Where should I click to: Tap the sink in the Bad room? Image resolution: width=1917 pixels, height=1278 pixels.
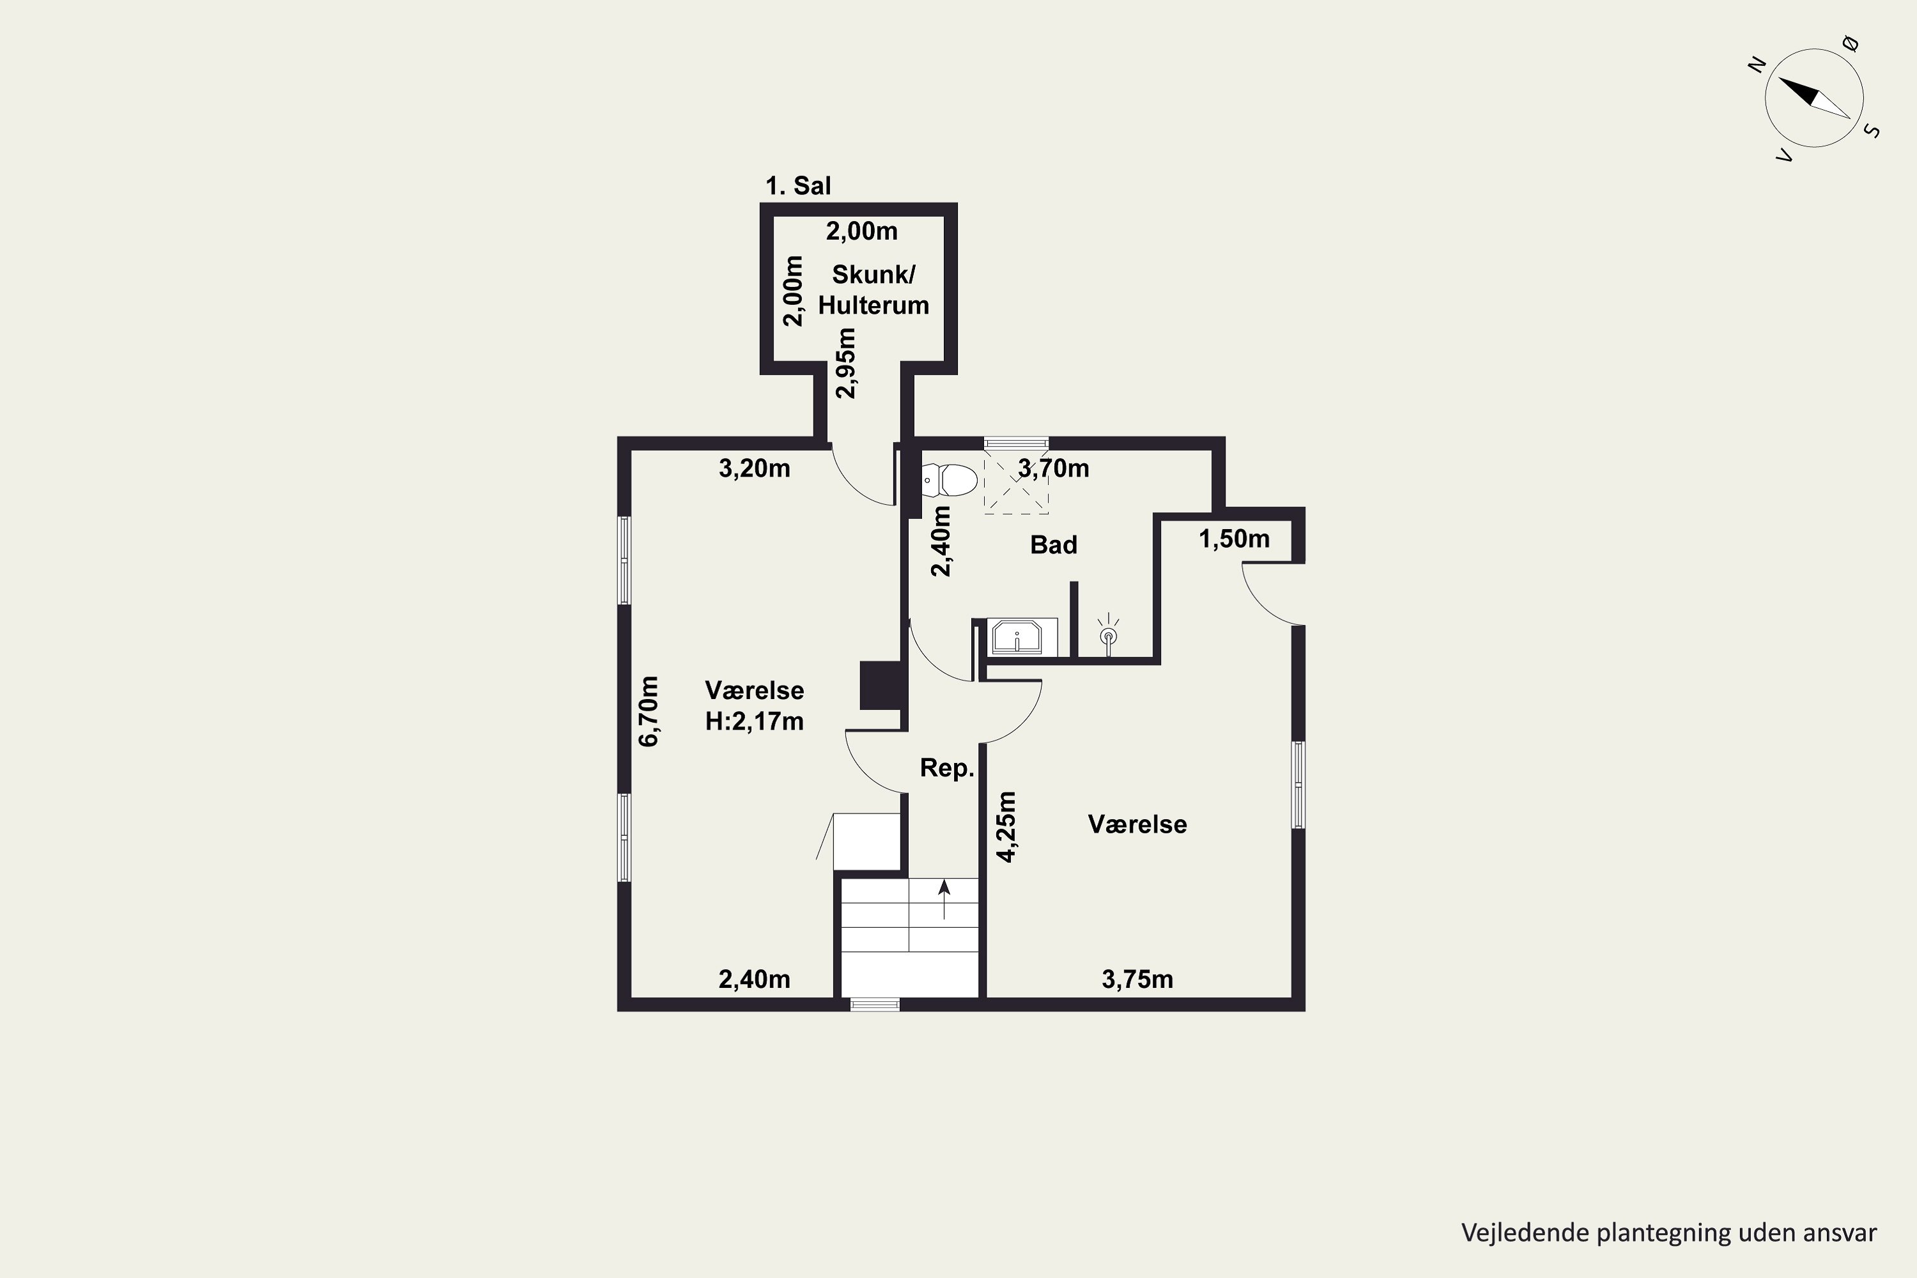click(x=1017, y=636)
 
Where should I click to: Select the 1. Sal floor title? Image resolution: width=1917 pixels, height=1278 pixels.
click(x=798, y=186)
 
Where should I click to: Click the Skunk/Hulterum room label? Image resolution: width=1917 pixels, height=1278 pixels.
click(x=874, y=289)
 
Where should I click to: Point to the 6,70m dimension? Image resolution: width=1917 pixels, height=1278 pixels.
click(x=649, y=711)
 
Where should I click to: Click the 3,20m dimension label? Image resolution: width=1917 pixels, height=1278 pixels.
click(x=754, y=468)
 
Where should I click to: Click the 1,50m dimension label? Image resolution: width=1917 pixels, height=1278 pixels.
click(x=1234, y=539)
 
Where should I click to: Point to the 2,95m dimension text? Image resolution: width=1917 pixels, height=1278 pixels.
click(x=847, y=363)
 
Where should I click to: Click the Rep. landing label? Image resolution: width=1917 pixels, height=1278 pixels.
click(x=947, y=768)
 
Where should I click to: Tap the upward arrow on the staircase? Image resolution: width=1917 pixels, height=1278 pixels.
click(x=944, y=899)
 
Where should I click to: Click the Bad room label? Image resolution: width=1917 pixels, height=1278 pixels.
click(x=1054, y=544)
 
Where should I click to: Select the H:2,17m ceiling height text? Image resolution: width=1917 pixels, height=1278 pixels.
click(x=755, y=721)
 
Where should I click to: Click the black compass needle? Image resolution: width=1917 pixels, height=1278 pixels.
click(x=1798, y=91)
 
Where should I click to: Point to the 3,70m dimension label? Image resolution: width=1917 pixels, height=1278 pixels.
click(x=1053, y=468)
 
